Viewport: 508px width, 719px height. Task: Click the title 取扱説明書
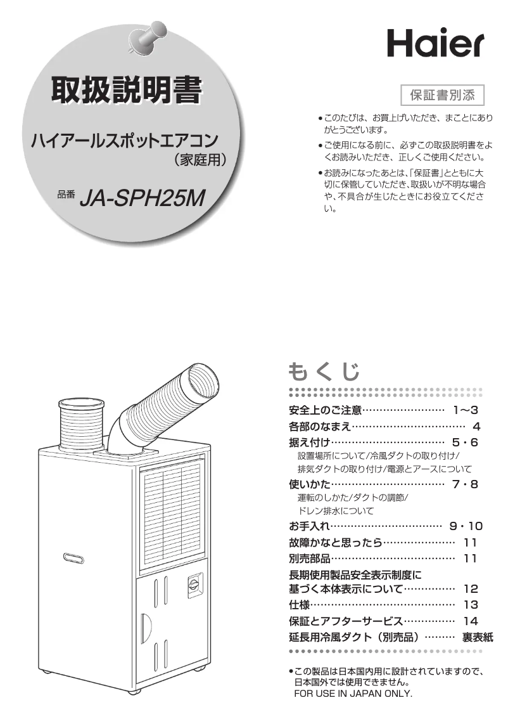pos(127,91)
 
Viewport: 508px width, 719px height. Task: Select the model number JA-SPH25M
pos(143,198)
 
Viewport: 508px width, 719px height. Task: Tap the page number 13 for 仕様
pos(471,604)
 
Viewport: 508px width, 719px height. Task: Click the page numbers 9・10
pos(466,526)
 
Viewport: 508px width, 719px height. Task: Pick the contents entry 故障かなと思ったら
pos(335,542)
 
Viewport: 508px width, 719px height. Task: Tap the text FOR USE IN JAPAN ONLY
pos(353,694)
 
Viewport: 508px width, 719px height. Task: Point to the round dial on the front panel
pos(193,584)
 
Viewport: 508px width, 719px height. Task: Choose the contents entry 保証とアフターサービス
pos(345,621)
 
